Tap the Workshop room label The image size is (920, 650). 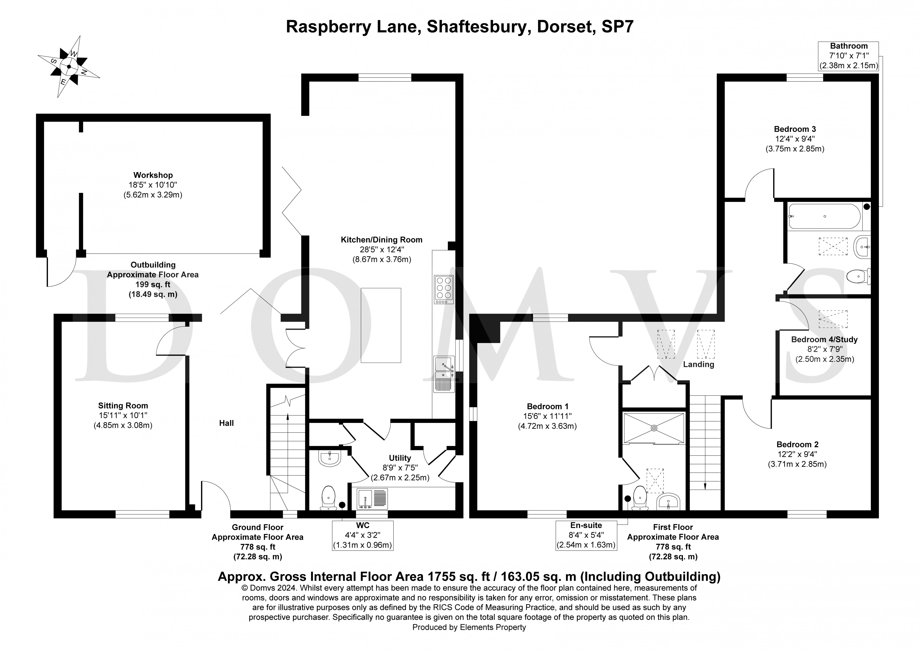click(153, 175)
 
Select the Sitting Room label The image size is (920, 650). click(123, 405)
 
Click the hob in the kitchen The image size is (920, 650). click(443, 289)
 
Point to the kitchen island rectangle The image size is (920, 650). click(381, 325)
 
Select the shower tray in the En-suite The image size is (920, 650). click(654, 428)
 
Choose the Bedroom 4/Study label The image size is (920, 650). click(824, 339)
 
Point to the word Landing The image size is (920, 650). click(698, 364)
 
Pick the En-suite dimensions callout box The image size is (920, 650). click(586, 535)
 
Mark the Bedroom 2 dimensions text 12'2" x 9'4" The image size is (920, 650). click(797, 454)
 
